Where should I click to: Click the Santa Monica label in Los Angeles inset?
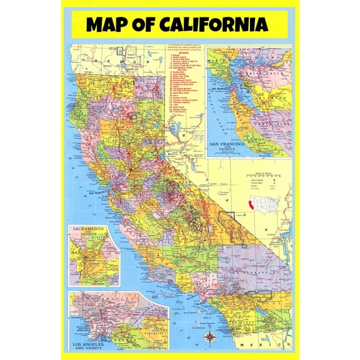[78, 316]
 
